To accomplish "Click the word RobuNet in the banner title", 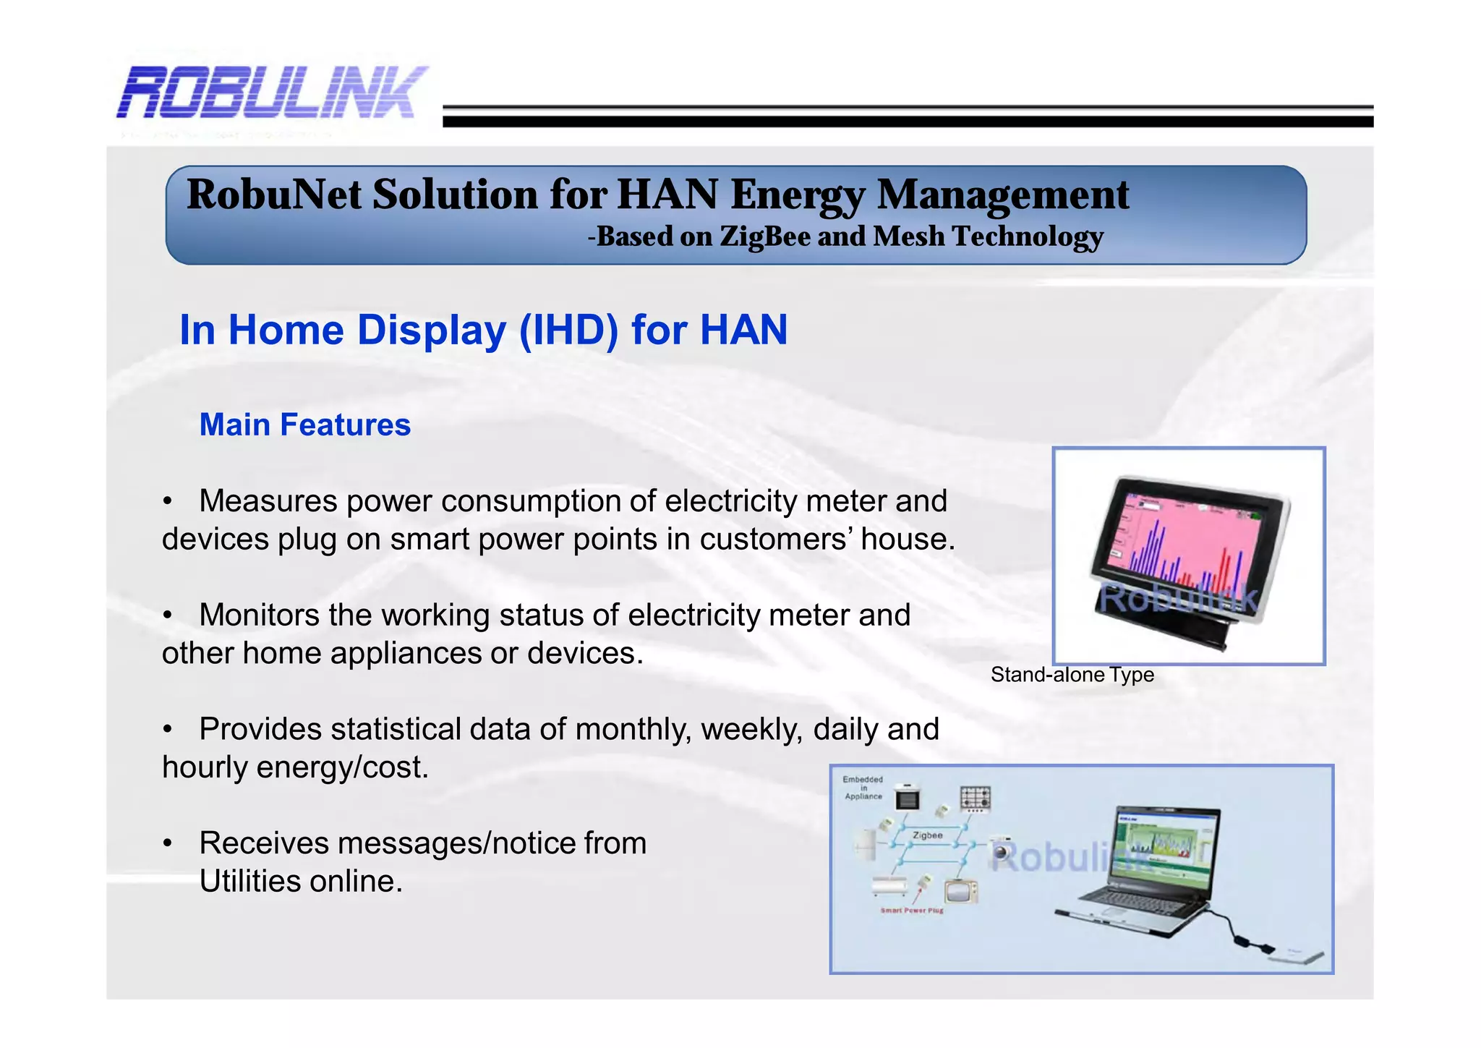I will [274, 195].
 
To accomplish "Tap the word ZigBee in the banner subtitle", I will [764, 237].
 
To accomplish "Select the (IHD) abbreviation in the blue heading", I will [568, 331].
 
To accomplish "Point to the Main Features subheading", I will [304, 425].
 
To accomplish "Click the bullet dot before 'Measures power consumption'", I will [168, 501].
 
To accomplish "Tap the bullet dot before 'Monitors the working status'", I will [168, 615].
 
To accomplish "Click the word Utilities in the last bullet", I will [249, 882].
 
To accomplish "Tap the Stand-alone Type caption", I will [1072, 675].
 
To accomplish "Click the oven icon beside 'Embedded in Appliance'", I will [907, 798].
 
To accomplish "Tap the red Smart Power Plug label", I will [911, 911].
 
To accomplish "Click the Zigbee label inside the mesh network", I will [927, 835].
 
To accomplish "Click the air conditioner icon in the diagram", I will [889, 885].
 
